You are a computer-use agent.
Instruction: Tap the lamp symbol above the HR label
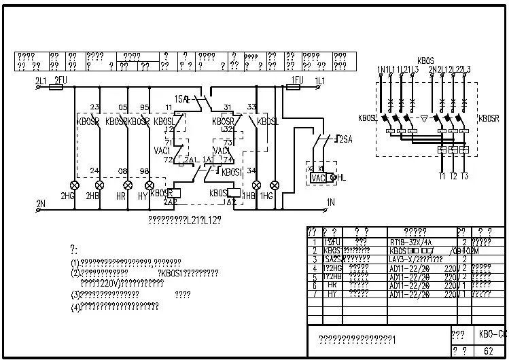[x=126, y=185]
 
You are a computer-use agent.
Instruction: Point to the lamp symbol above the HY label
[x=150, y=185]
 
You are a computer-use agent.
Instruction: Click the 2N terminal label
[x=40, y=202]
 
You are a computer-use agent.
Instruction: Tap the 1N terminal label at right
[x=330, y=202]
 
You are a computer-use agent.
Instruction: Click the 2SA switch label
[x=345, y=139]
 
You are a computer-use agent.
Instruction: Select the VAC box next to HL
[x=318, y=177]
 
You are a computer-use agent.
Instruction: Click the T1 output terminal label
[x=442, y=176]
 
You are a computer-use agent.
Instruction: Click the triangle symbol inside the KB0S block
[x=423, y=117]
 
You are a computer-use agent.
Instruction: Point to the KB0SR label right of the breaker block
[x=489, y=118]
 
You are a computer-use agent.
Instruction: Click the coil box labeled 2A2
[x=171, y=202]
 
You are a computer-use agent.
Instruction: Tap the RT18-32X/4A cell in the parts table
[x=410, y=242]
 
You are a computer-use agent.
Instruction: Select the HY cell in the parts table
[x=332, y=295]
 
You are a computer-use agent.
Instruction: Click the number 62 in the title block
[x=488, y=351]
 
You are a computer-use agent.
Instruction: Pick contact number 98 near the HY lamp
[x=144, y=170]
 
